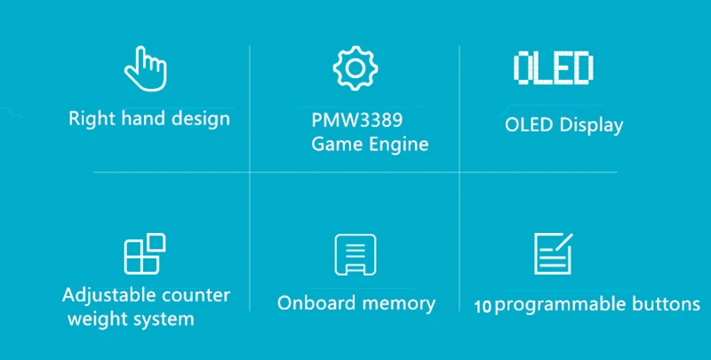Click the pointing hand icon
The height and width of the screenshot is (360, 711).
point(146,68)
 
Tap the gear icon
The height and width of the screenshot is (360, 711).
point(355,68)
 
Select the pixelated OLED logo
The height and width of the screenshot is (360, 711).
point(553,68)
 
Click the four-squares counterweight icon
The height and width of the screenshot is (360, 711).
point(145,254)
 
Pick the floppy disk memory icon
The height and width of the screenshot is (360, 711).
point(355,255)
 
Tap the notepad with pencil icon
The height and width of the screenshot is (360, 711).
point(553,253)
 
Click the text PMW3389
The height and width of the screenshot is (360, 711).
point(357,121)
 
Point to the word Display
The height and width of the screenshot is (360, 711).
point(591,125)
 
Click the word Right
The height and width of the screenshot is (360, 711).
point(92,119)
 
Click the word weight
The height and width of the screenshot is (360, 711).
point(92,320)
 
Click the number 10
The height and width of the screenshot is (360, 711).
point(483,307)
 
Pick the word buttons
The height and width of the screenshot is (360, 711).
point(660,304)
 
